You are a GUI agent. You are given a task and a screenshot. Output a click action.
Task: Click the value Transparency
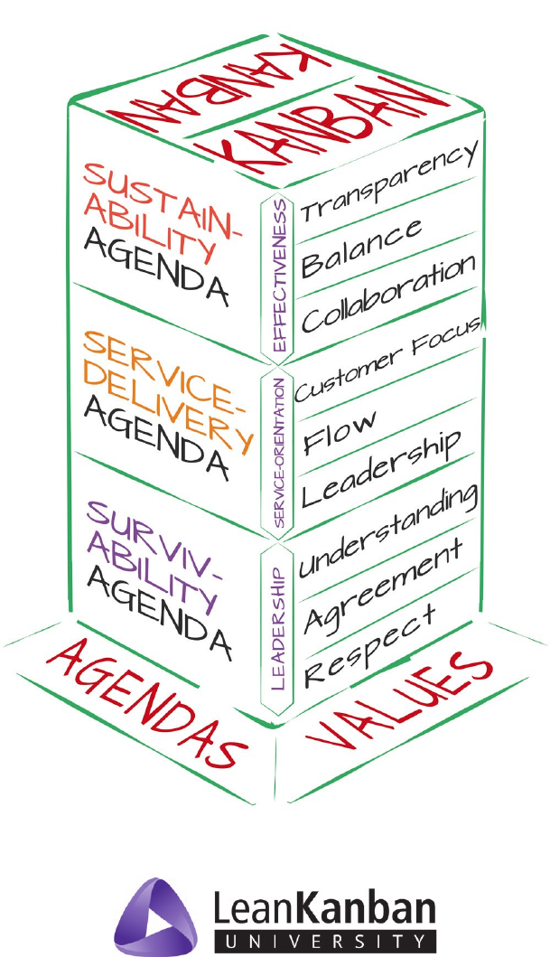[x=389, y=182]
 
